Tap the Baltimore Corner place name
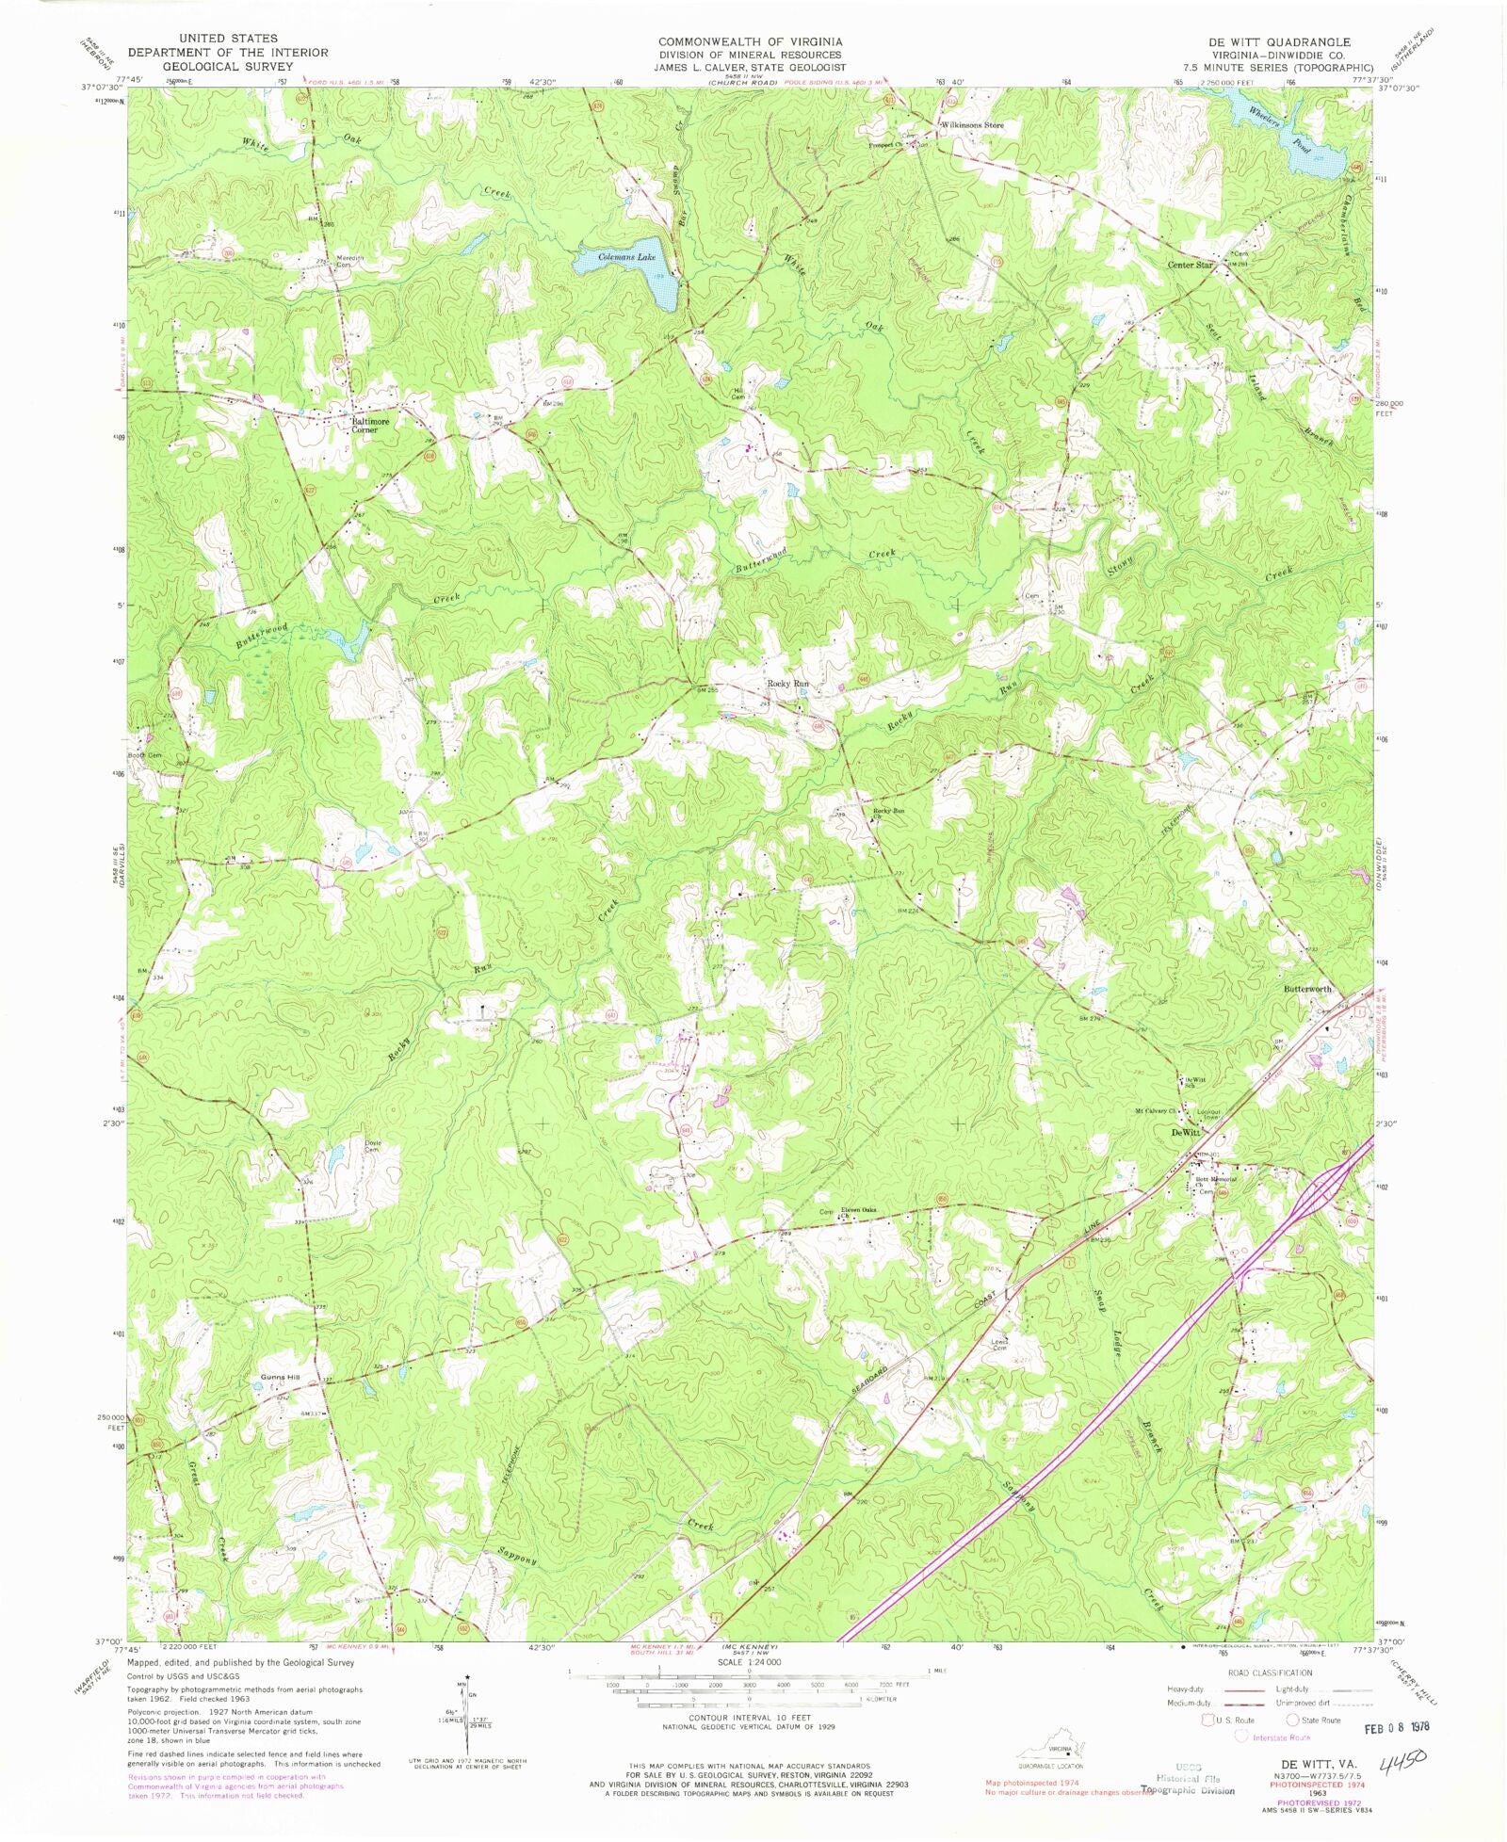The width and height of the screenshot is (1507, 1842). point(371,426)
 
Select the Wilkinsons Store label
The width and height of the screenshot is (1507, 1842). point(973,125)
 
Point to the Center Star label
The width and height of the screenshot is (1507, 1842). point(1191,265)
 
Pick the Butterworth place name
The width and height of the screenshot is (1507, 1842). point(1307,989)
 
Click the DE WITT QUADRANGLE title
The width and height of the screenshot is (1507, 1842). point(1284,42)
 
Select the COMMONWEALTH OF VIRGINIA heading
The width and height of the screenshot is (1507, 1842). point(750,42)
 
